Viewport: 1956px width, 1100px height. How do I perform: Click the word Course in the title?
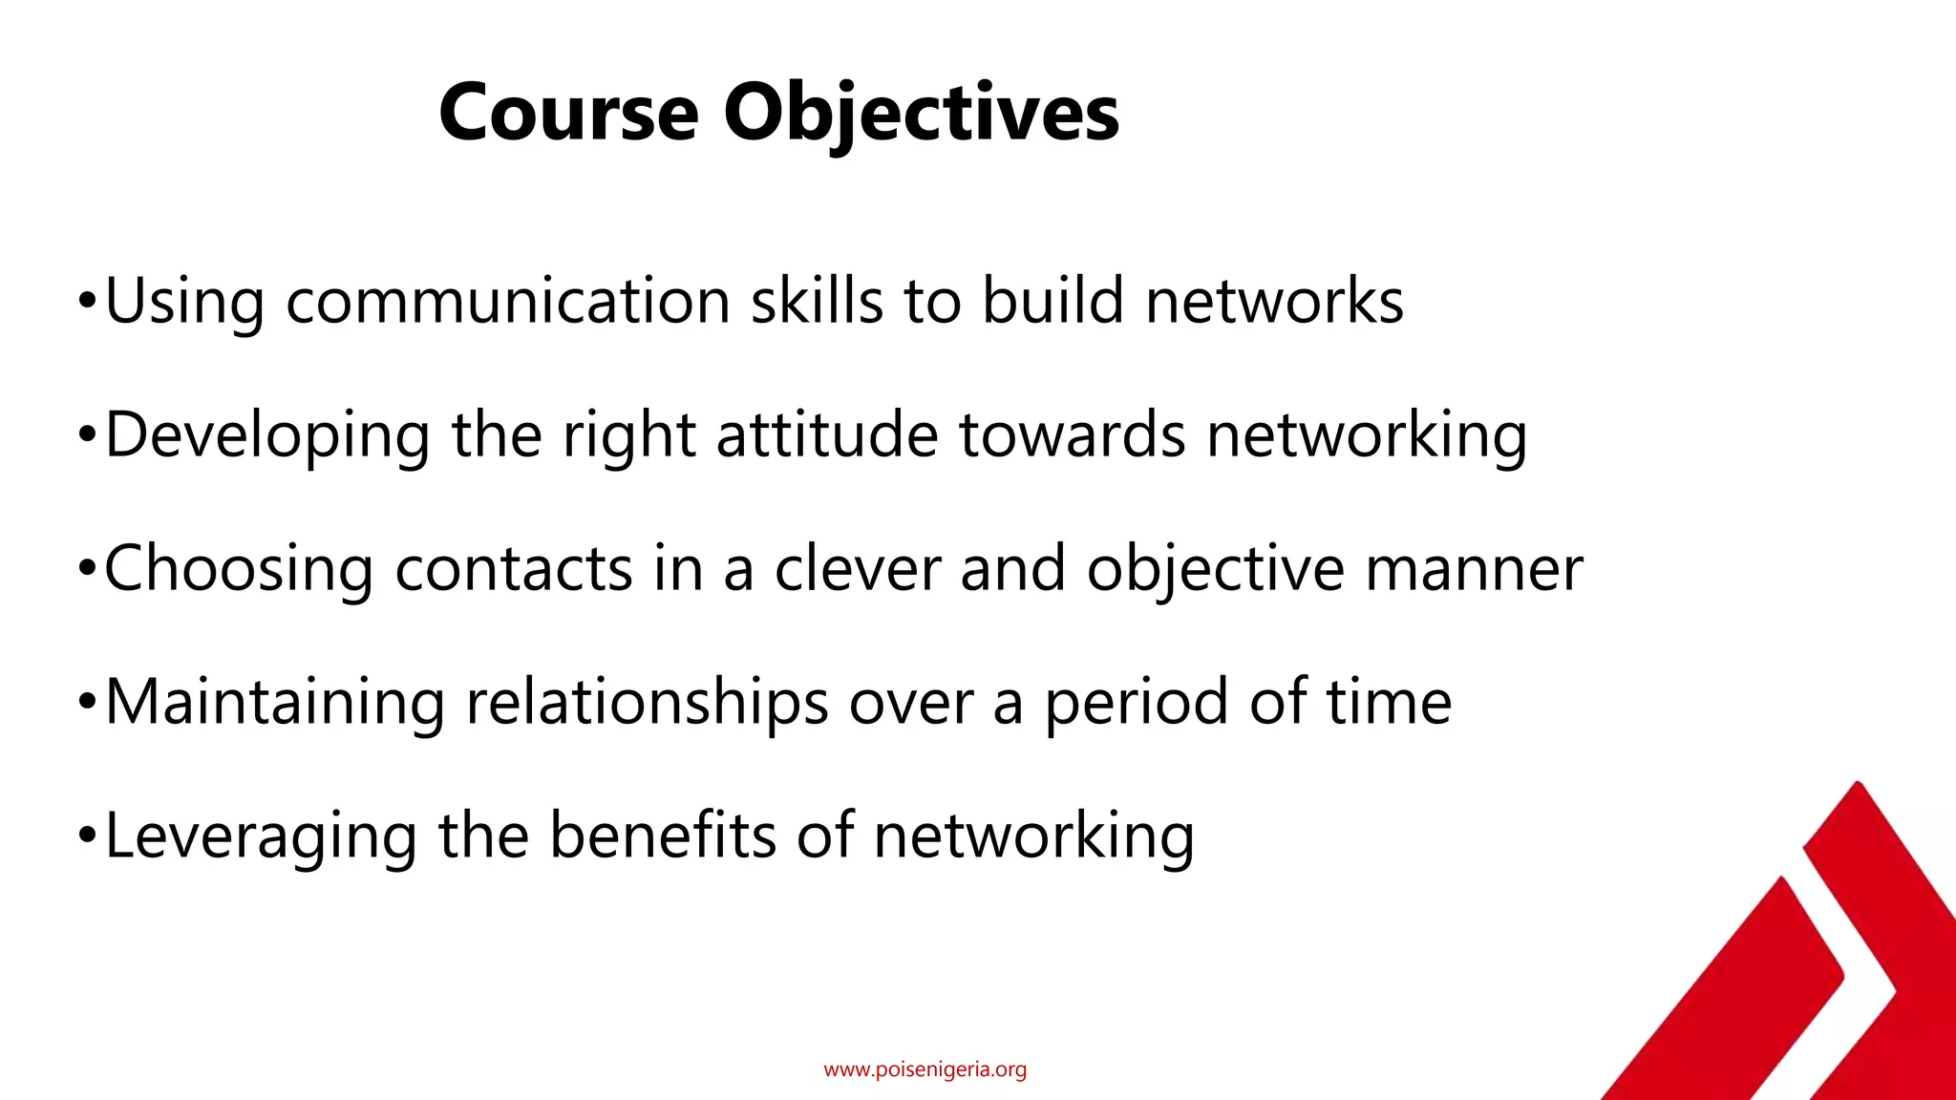(569, 113)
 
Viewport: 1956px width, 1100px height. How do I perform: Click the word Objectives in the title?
(921, 113)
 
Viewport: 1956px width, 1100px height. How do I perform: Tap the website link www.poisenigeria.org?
(925, 1069)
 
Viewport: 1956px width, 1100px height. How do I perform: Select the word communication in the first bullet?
(508, 302)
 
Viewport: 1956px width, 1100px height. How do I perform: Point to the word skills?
(817, 302)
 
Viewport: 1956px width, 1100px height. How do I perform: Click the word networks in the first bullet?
(1274, 302)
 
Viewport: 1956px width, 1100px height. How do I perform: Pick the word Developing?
(267, 435)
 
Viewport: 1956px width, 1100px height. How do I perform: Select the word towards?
(1072, 435)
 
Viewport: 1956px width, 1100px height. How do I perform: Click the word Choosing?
(239, 569)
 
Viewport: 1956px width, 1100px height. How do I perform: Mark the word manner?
(1474, 569)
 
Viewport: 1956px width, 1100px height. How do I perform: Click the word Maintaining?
(275, 703)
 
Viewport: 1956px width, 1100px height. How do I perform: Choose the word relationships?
(647, 703)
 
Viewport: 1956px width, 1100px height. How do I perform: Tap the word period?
(1136, 703)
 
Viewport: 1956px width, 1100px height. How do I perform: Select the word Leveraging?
(261, 836)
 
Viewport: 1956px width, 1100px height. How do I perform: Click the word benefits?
(663, 836)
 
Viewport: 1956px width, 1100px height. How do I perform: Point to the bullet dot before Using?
(87, 303)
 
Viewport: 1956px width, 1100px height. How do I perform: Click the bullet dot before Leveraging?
(87, 837)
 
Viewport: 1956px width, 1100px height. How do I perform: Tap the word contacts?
(514, 569)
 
